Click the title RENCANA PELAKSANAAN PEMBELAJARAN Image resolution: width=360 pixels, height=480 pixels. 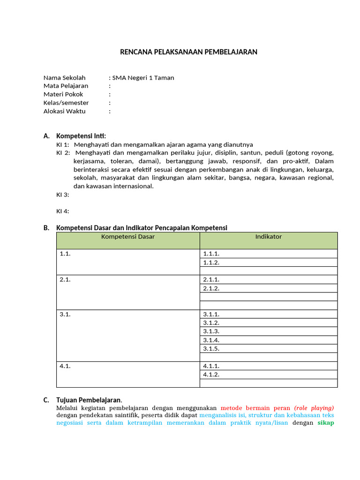pos(189,52)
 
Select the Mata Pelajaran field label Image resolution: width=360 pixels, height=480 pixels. pos(66,86)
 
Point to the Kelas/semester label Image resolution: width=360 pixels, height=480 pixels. pos(66,103)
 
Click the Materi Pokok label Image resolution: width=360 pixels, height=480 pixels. pos(63,95)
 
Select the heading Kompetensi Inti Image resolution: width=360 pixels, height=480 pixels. pos(81,136)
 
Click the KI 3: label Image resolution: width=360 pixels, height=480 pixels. pos(63,195)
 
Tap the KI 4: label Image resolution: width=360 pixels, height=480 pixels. pos(63,211)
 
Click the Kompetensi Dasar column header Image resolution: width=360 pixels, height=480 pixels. pos(128,237)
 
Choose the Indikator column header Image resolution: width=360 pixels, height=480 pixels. pos(269,237)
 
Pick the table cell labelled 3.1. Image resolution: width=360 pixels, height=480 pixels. pos(65,315)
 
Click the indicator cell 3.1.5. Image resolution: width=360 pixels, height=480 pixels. pos(211,349)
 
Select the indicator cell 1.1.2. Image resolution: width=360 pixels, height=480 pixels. pos(211,262)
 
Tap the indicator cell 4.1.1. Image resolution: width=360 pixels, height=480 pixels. pos(211,366)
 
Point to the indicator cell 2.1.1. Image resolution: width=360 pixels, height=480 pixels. pos(211,280)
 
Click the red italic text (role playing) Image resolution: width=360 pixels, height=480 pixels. pos(314,408)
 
